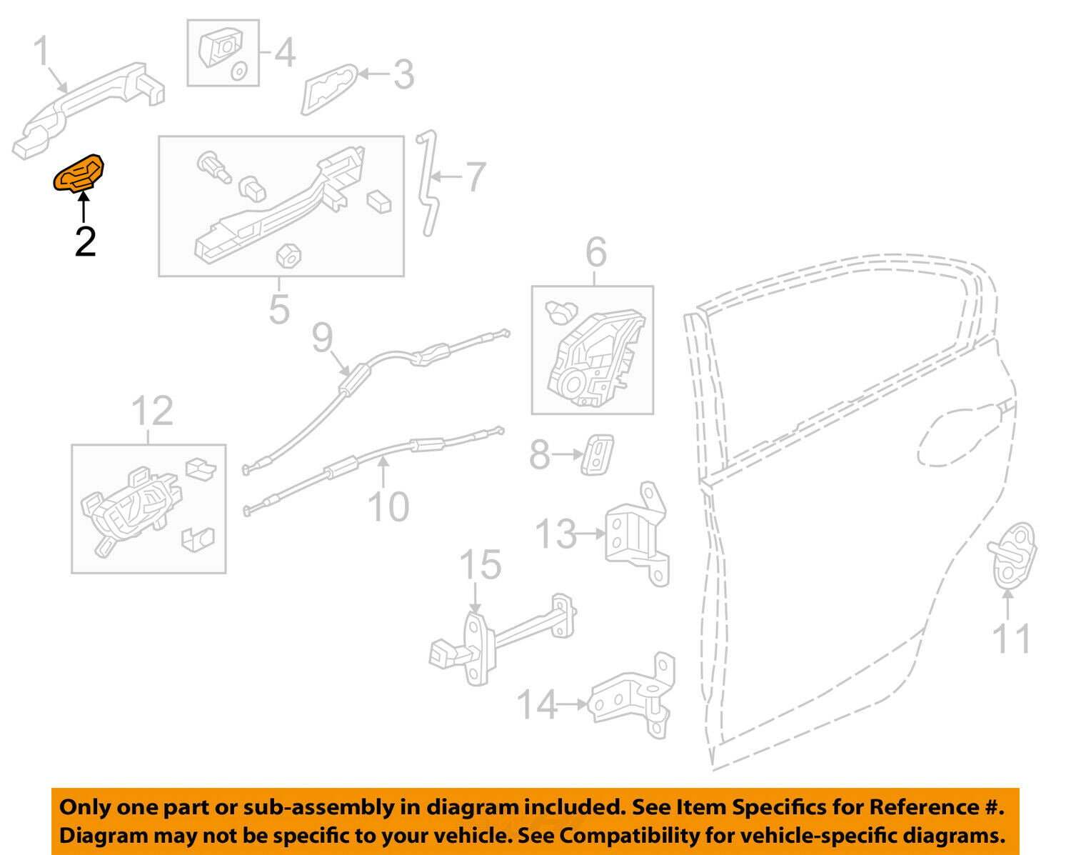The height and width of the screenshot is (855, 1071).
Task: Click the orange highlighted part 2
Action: tap(79, 173)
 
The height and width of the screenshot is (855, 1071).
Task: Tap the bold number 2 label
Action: tap(85, 243)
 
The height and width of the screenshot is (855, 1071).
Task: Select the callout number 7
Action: tap(476, 176)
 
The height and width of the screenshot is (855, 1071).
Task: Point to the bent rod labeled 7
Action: tap(428, 183)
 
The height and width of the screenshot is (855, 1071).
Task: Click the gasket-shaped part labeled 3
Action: tap(329, 89)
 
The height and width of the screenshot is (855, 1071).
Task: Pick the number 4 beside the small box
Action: tap(285, 53)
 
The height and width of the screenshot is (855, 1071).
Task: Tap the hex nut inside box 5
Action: tap(288, 256)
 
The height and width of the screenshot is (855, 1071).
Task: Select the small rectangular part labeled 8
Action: tap(598, 455)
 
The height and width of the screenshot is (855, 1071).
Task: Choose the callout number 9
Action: tap(322, 337)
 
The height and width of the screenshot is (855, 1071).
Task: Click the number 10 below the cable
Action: tap(388, 507)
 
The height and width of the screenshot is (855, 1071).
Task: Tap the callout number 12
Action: tap(152, 411)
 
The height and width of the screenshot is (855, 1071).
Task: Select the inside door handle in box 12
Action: tap(131, 511)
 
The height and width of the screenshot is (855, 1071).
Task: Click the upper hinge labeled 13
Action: tap(638, 534)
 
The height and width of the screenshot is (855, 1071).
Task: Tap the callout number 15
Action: tap(480, 565)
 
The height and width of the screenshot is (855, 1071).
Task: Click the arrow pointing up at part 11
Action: tap(1007, 604)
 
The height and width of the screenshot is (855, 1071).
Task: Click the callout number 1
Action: tap(41, 50)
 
